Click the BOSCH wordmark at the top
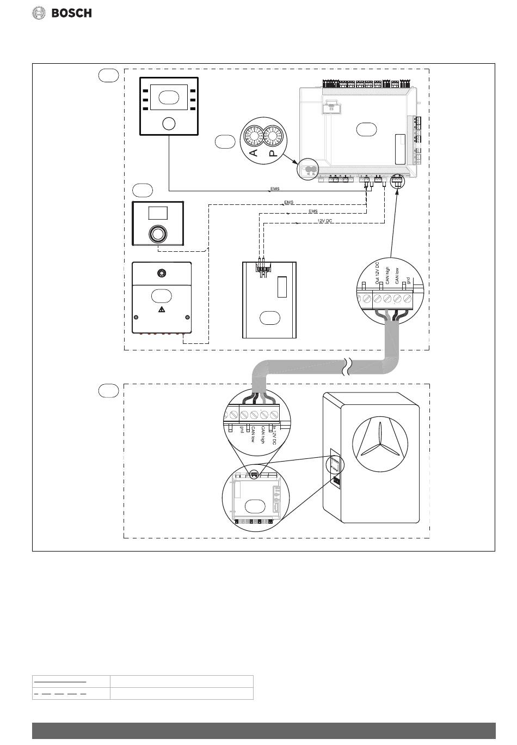click(71, 13)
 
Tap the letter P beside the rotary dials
click(273, 153)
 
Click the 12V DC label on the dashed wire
click(324, 221)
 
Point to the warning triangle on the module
click(161, 310)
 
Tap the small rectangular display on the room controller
click(158, 213)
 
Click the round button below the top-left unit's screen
click(169, 123)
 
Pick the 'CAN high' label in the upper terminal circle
click(387, 272)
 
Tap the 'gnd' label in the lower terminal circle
click(242, 431)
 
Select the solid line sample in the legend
click(60, 681)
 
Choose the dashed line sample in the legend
click(60, 694)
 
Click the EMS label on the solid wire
click(274, 189)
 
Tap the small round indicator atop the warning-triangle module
click(161, 272)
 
